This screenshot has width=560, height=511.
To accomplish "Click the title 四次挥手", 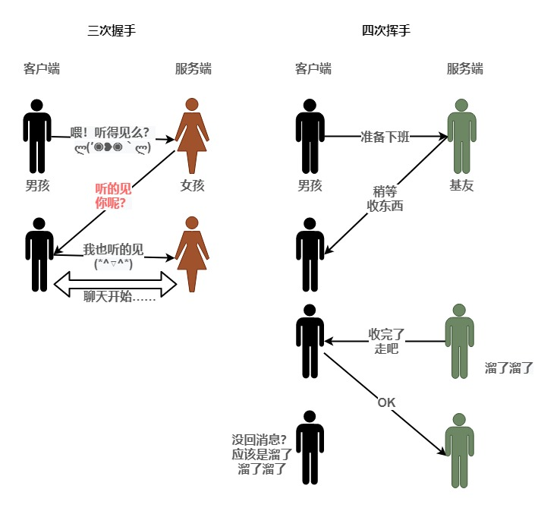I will tap(386, 31).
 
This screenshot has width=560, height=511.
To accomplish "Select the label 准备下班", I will tap(385, 137).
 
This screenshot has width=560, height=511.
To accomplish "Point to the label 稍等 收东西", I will tap(385, 198).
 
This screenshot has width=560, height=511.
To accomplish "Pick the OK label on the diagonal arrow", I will tap(386, 402).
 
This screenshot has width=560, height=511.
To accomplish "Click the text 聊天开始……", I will tap(120, 297).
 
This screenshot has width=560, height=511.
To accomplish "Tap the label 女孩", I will tap(192, 185).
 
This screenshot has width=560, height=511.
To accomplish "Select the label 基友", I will tap(461, 185).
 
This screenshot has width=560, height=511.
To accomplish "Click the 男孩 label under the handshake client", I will tap(37, 185).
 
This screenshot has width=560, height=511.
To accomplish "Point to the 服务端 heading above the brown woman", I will tap(193, 69).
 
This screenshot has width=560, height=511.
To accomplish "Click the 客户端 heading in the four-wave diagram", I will tap(313, 69).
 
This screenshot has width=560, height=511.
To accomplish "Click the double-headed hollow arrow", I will tap(115, 283).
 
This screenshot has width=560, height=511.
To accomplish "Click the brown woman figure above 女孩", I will tap(192, 137).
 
